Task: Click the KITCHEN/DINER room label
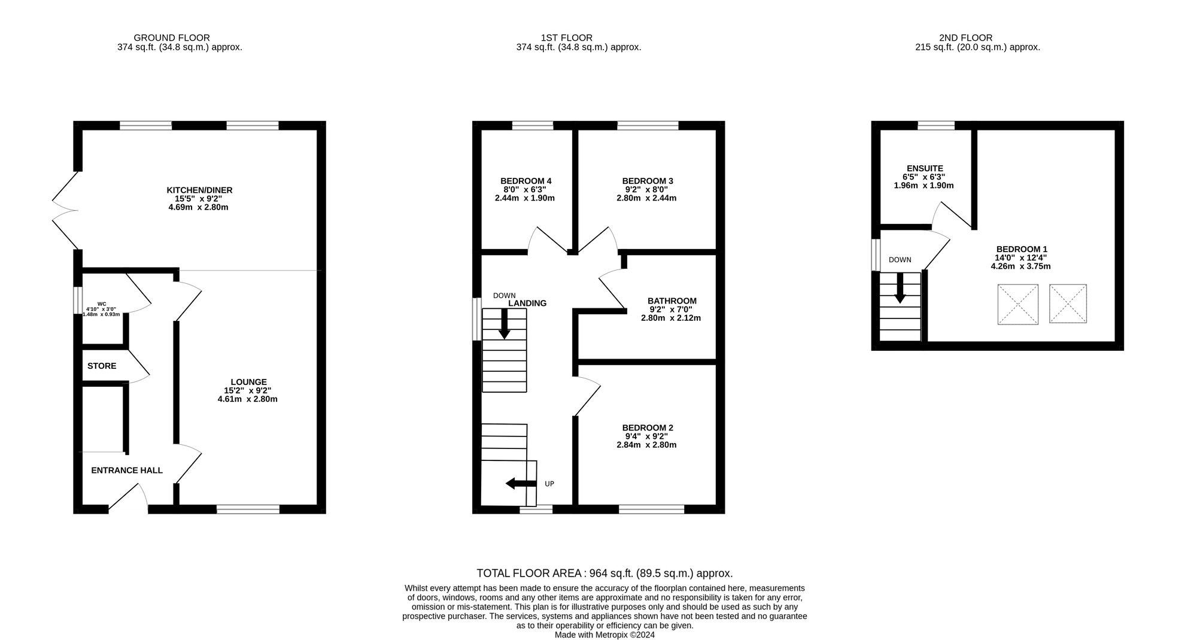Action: point(199,190)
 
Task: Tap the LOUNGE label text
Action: point(248,382)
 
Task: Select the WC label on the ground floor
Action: point(102,304)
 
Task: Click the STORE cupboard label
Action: point(102,366)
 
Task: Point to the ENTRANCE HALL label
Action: point(127,471)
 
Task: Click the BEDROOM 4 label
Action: point(525,181)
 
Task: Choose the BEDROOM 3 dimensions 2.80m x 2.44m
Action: point(646,198)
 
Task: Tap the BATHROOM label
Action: point(672,301)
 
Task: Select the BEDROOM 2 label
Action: point(648,427)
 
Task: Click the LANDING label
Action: point(527,304)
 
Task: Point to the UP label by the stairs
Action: point(549,484)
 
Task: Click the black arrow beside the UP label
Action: point(521,483)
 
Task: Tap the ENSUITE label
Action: point(925,169)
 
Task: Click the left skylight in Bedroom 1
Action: point(1017,305)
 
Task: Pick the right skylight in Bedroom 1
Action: point(1068,304)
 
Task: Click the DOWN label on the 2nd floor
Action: point(900,260)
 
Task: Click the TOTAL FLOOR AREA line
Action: point(604,573)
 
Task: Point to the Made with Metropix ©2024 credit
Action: point(604,635)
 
